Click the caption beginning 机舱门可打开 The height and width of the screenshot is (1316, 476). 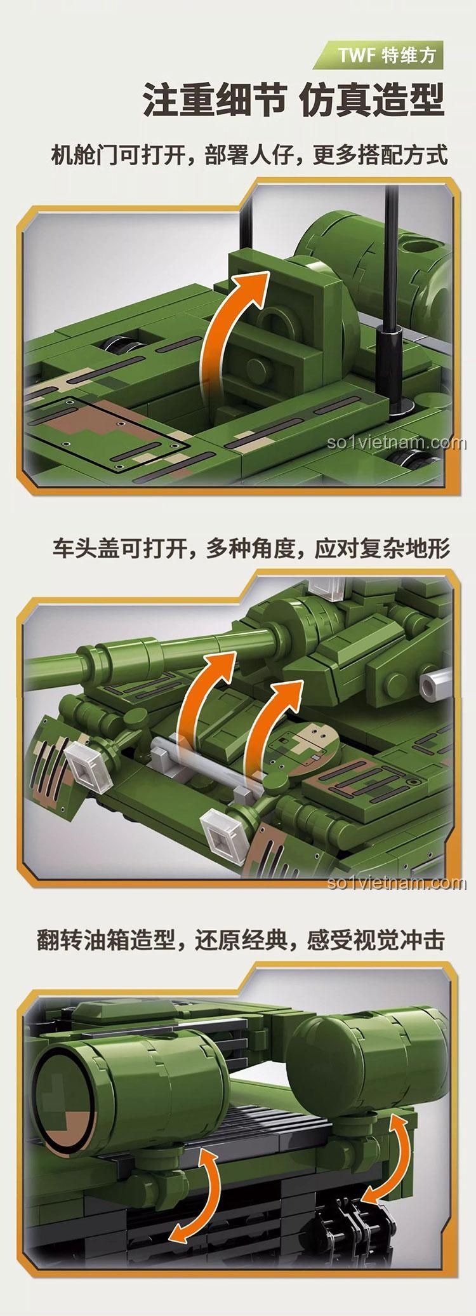tap(249, 155)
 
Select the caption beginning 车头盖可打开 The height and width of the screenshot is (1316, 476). tap(251, 548)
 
